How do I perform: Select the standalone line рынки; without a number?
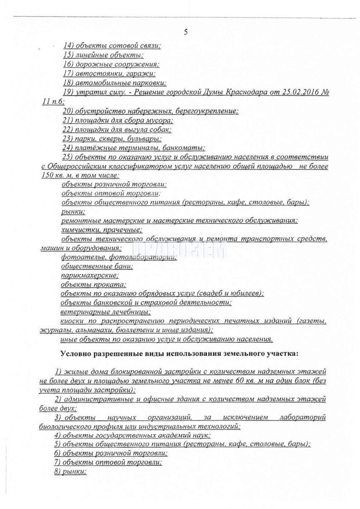pos(73,211)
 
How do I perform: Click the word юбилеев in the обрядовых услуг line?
pos(248,294)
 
